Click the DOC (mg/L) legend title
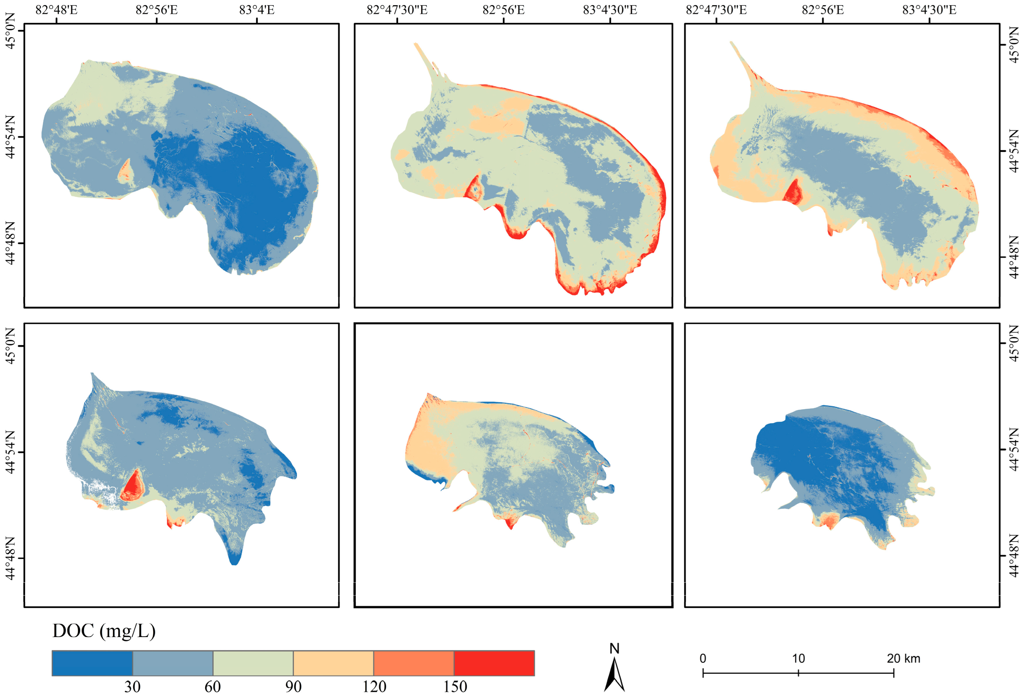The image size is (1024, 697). pyautogui.click(x=104, y=631)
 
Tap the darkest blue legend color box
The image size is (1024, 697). pyautogui.click(x=92, y=663)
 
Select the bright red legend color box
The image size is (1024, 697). pyautogui.click(x=494, y=663)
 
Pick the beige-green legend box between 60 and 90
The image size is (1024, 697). pyautogui.click(x=253, y=663)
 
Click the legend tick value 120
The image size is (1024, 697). pyautogui.click(x=374, y=686)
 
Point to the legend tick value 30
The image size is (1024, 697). pyautogui.click(x=132, y=686)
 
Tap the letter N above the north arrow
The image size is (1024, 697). pyautogui.click(x=614, y=649)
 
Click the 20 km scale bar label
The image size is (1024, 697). pyautogui.click(x=903, y=658)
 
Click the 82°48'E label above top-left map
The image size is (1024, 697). pyautogui.click(x=56, y=10)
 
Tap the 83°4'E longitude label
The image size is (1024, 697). pyautogui.click(x=257, y=10)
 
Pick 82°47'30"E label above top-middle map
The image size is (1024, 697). pyautogui.click(x=397, y=10)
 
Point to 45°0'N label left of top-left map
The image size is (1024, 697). pyautogui.click(x=11, y=30)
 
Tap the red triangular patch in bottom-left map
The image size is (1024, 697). pyautogui.click(x=133, y=486)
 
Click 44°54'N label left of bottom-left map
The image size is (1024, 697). pyautogui.click(x=11, y=452)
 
